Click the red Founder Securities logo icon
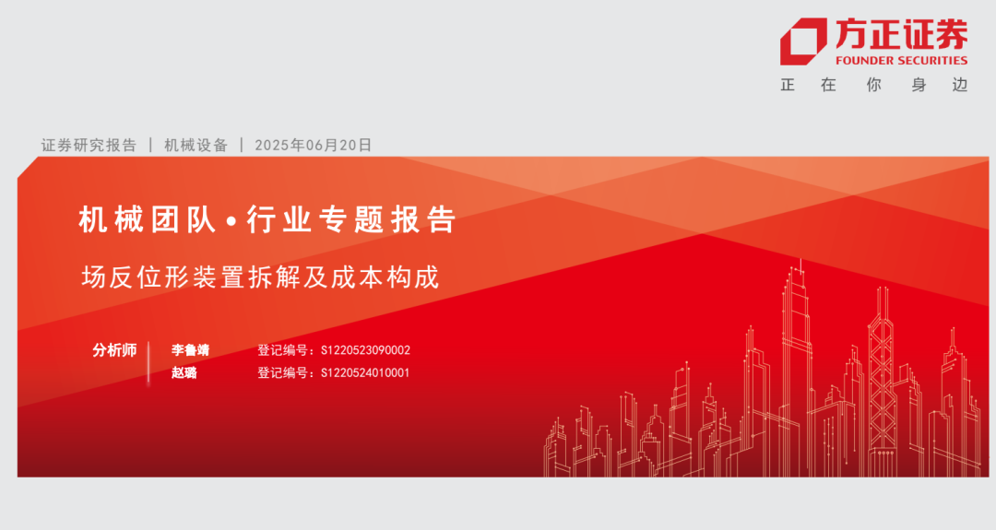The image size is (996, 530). pos(803,41)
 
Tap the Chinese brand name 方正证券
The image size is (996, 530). pos(901,34)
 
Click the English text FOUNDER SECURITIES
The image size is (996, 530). pos(901,60)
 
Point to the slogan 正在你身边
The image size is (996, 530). pos(874,85)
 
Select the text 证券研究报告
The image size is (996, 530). pos(89,146)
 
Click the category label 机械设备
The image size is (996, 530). pos(196,146)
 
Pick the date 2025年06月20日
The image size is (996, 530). pos(314,146)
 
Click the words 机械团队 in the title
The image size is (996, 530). pos(148,219)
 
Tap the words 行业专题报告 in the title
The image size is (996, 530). pos(352,219)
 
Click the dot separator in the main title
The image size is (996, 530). pos(231,221)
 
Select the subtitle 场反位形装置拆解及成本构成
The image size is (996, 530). pos(260,277)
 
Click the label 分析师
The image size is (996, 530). pos(114,349)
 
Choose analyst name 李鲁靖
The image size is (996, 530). pos(190,349)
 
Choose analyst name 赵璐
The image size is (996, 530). pos(184,372)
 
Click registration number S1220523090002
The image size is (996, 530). pos(365,350)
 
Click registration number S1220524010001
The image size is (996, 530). pos(365,372)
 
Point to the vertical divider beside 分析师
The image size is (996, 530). pos(148,363)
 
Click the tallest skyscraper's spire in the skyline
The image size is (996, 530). pos(800,265)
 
